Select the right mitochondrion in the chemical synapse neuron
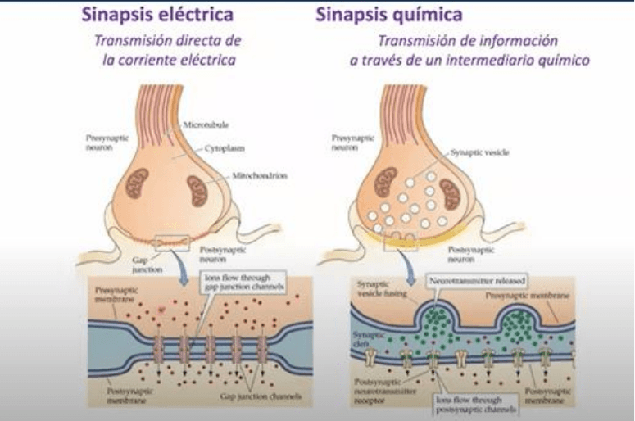pyautogui.click(x=450, y=192)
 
